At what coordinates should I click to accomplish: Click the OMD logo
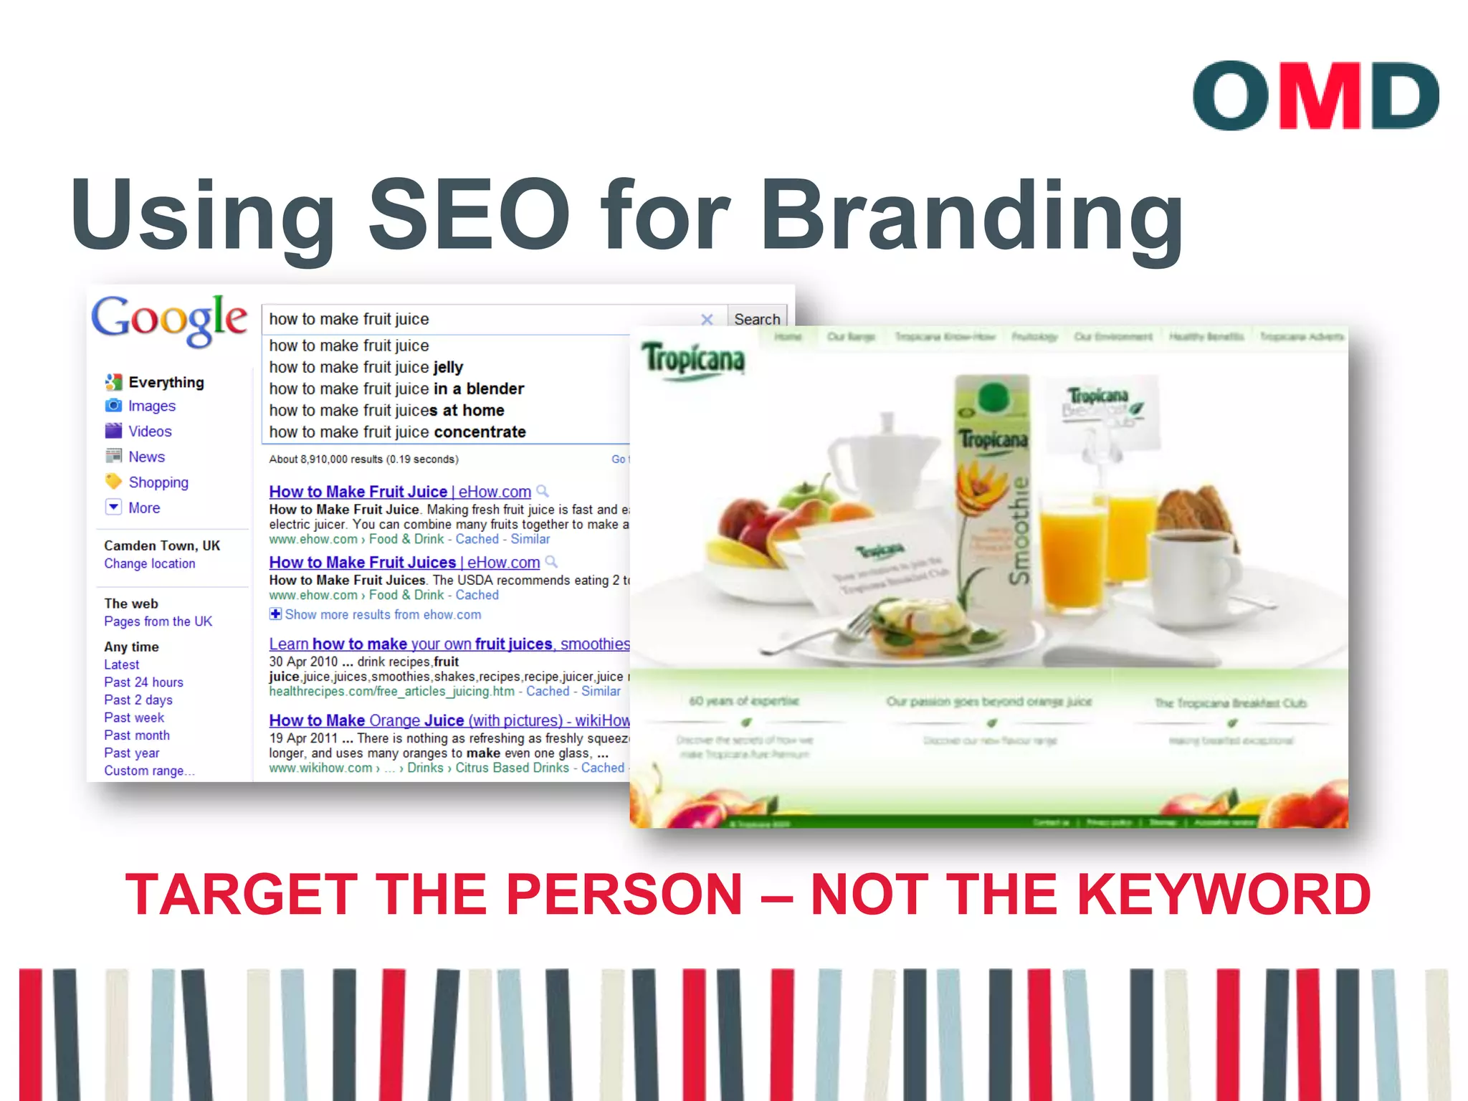pyautogui.click(x=1315, y=95)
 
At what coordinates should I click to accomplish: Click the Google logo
pyautogui.click(x=169, y=320)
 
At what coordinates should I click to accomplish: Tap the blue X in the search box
pyautogui.click(x=707, y=320)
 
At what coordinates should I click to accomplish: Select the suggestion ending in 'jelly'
pyautogui.click(x=366, y=368)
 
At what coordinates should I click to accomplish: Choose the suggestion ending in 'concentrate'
pyautogui.click(x=397, y=432)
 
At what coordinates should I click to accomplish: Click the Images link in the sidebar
pyautogui.click(x=151, y=406)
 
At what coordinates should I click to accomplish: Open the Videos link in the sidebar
pyautogui.click(x=150, y=432)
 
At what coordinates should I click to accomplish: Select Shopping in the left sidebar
pyautogui.click(x=158, y=482)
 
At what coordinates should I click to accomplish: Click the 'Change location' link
pyautogui.click(x=149, y=564)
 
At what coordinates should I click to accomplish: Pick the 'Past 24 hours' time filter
pyautogui.click(x=143, y=682)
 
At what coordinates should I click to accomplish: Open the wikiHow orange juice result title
pyautogui.click(x=449, y=720)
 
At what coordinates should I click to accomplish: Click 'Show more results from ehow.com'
pyautogui.click(x=382, y=615)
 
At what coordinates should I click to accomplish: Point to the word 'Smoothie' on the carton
pyautogui.click(x=1020, y=530)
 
